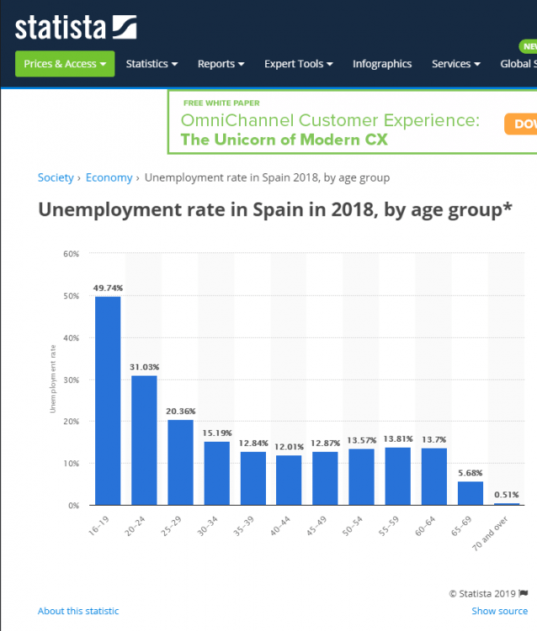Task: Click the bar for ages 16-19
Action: (x=108, y=400)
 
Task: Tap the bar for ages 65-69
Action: (x=470, y=493)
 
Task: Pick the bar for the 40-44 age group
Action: (x=289, y=480)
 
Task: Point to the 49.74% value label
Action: (x=107, y=288)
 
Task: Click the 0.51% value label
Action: (x=507, y=495)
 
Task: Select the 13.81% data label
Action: (x=397, y=439)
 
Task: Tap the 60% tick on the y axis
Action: (x=71, y=253)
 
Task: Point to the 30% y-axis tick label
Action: (x=71, y=379)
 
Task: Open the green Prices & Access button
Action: (x=65, y=64)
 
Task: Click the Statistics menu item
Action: (x=152, y=64)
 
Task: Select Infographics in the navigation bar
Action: (x=382, y=64)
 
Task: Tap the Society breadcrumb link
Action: (x=55, y=178)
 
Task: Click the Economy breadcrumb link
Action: (x=109, y=178)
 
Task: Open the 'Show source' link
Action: (x=499, y=611)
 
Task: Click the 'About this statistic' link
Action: (x=78, y=611)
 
